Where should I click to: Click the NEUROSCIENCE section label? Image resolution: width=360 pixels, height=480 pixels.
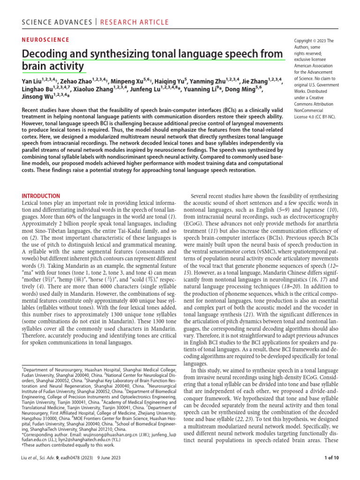tap(46, 40)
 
